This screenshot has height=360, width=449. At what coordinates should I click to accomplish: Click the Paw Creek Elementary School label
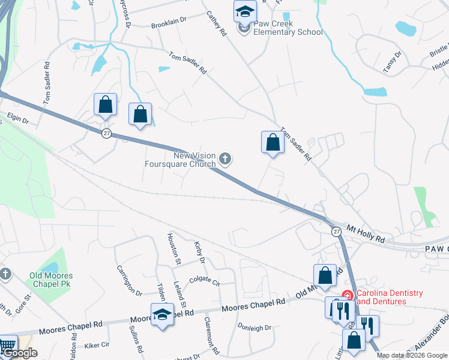[x=289, y=28]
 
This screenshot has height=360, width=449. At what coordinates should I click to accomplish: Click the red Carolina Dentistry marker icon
[x=346, y=295]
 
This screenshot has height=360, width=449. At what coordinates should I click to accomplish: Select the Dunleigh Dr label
[x=255, y=328]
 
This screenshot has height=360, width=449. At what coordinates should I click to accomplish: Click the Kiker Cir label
[x=97, y=345]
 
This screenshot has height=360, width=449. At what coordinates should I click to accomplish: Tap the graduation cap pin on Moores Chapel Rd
[x=161, y=314]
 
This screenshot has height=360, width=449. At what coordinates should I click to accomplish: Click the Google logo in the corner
[x=20, y=353]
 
